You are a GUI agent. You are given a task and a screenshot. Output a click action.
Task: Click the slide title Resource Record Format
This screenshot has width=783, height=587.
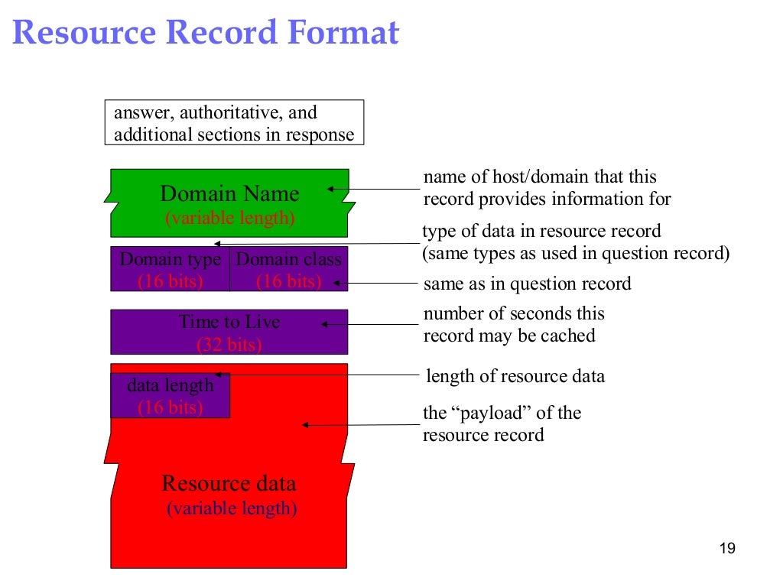click(206, 34)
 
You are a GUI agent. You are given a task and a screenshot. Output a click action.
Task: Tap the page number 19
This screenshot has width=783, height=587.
click(727, 549)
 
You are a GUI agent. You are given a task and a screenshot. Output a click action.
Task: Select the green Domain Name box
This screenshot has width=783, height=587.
click(229, 203)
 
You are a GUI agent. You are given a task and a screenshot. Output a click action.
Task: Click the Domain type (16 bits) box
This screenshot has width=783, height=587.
click(171, 269)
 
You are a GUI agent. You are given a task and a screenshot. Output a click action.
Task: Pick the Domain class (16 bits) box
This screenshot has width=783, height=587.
click(289, 269)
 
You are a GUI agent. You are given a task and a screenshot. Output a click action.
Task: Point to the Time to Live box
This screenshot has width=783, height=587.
click(229, 332)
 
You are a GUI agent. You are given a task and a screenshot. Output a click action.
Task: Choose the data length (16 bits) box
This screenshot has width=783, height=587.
click(171, 395)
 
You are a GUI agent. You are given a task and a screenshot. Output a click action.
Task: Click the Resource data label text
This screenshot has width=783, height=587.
click(229, 483)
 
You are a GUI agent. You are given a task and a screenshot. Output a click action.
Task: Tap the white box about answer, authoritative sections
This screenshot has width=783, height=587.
click(234, 124)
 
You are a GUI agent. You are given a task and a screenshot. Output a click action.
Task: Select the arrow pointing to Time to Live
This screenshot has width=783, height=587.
click(367, 324)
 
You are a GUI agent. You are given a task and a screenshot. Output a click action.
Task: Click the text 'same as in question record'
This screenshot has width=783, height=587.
click(527, 284)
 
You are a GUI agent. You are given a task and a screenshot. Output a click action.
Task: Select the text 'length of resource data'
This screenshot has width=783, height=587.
click(515, 376)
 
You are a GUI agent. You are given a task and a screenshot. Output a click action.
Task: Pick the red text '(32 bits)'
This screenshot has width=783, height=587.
click(229, 345)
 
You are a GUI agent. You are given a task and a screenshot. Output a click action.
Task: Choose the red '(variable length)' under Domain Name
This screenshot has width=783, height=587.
click(229, 218)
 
